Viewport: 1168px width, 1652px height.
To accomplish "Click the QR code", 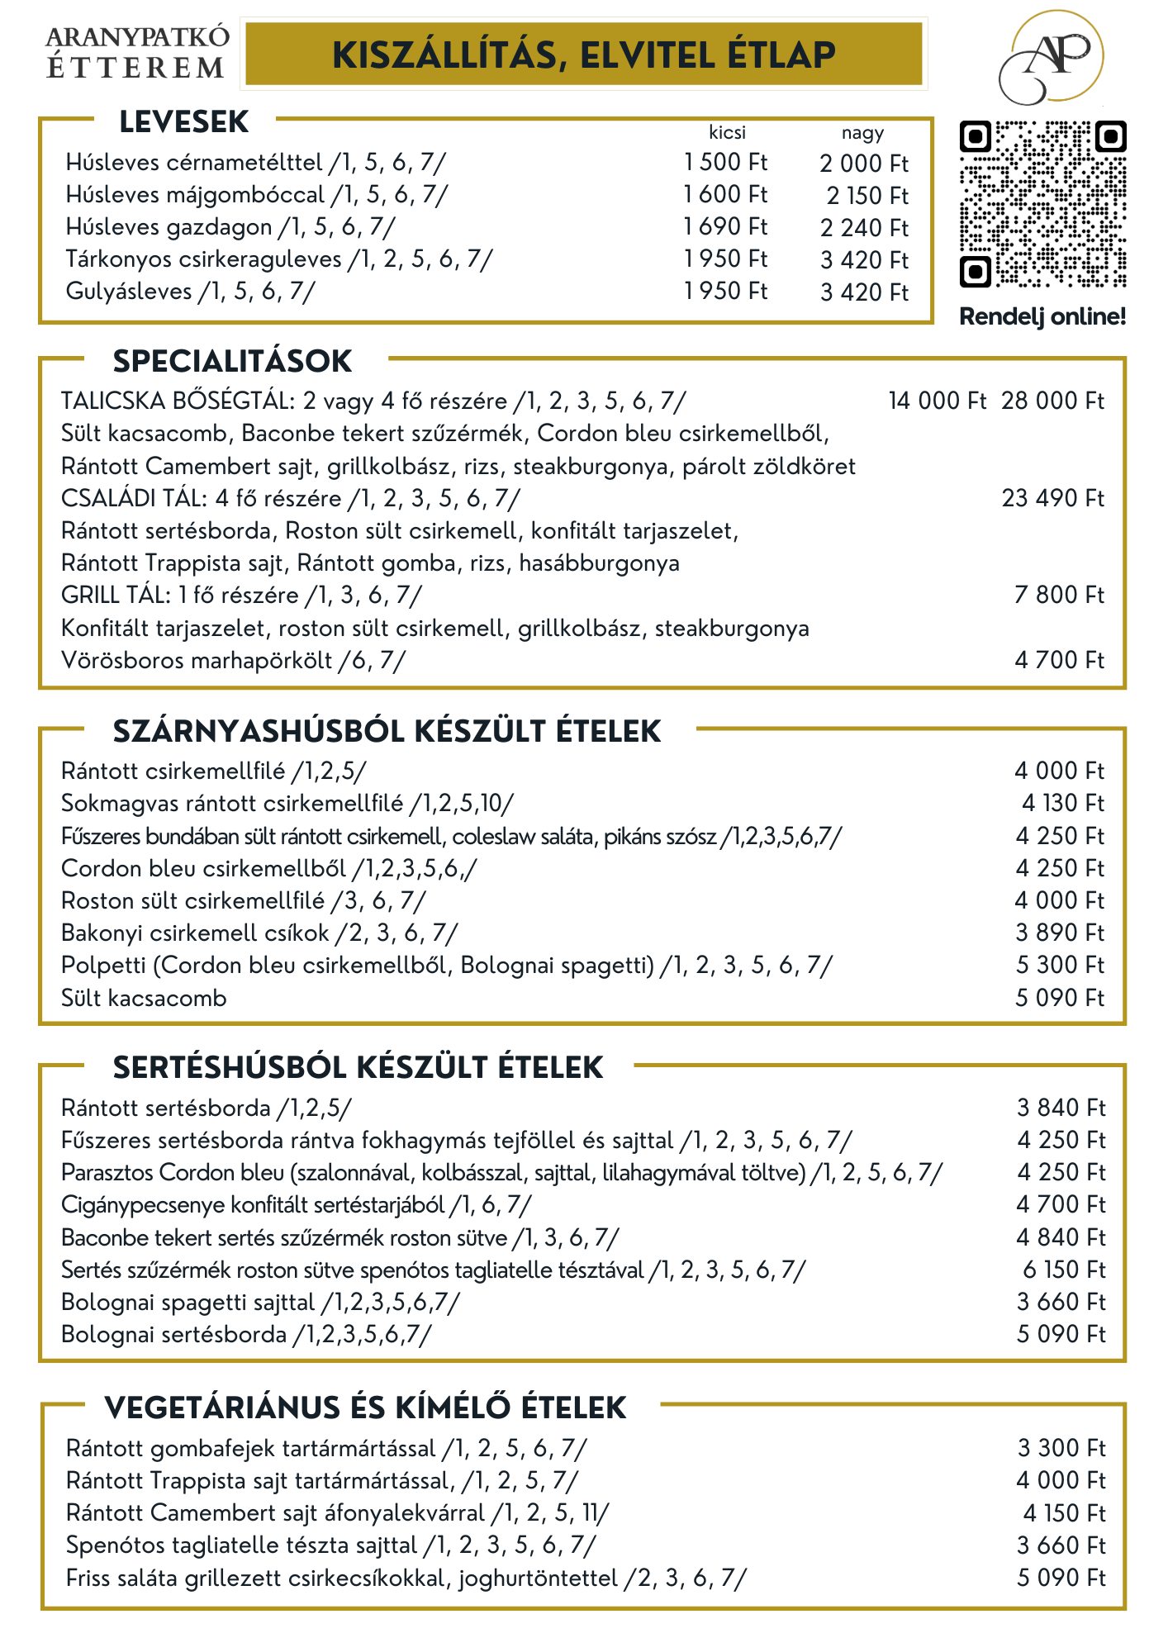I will [x=1042, y=204].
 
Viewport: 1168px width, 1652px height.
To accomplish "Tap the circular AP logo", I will [x=1052, y=58].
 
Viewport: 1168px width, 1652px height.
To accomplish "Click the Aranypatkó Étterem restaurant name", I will [x=137, y=53].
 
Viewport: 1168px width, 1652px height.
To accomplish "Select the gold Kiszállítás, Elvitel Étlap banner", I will [x=583, y=55].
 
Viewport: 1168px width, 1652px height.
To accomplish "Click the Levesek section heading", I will [x=183, y=122].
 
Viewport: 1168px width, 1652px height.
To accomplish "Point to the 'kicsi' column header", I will [x=727, y=132].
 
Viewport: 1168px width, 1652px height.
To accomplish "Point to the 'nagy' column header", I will [x=862, y=133].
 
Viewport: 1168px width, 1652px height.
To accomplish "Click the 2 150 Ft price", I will [x=867, y=196].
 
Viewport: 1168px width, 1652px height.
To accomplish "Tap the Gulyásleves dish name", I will [x=129, y=292].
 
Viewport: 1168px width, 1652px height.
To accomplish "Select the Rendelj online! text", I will [x=1042, y=316].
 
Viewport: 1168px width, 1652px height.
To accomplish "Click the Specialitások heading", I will [x=232, y=361].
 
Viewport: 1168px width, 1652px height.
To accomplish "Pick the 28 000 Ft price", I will [x=1052, y=401].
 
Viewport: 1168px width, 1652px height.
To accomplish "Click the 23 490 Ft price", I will [x=1052, y=498].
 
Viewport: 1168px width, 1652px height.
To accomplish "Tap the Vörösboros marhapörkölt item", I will [x=197, y=661].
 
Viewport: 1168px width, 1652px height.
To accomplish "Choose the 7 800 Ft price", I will [x=1059, y=595].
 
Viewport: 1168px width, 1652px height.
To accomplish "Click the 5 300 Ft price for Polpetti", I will [x=1060, y=965].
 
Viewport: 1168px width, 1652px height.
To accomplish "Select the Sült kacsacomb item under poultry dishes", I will [x=144, y=998].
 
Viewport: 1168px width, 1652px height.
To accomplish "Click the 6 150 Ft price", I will [x=1063, y=1270].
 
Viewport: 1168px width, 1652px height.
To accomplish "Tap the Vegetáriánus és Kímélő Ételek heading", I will [x=365, y=1408].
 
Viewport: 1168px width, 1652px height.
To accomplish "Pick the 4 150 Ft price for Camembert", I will [x=1064, y=1513].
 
